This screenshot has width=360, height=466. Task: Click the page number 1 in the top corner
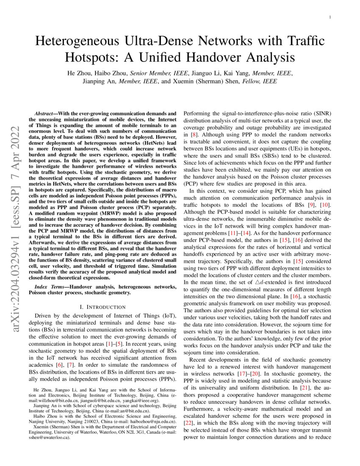pos(330,17)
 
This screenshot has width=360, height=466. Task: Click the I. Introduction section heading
pos(102,306)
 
